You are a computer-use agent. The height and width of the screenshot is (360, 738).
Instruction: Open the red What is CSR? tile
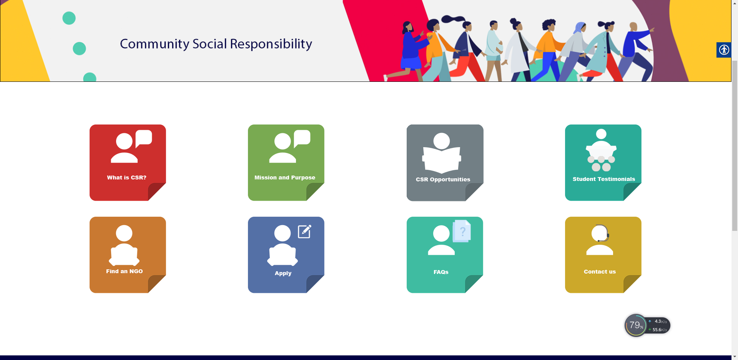[128, 163]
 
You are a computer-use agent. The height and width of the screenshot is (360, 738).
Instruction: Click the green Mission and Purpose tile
[286, 163]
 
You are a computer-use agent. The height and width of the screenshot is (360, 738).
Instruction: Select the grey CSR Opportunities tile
[445, 163]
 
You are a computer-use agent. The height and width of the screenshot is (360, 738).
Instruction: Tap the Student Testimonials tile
[603, 163]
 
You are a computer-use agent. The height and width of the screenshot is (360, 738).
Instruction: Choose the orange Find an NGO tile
[128, 255]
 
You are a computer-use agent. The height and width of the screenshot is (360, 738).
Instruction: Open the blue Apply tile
[286, 255]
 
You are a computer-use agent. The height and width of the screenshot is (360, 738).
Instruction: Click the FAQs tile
[445, 255]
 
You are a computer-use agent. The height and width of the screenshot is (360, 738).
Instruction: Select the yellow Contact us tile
[603, 255]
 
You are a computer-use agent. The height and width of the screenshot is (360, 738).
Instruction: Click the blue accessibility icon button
[724, 50]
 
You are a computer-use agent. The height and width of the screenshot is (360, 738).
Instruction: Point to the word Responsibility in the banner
[271, 44]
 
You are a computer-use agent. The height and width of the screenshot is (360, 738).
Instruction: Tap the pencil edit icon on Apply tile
[305, 231]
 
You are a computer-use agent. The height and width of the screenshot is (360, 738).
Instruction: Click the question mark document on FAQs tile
[462, 231]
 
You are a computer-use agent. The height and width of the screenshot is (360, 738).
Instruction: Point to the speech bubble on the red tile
[144, 138]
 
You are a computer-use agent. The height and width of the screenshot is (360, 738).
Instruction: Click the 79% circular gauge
[636, 325]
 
